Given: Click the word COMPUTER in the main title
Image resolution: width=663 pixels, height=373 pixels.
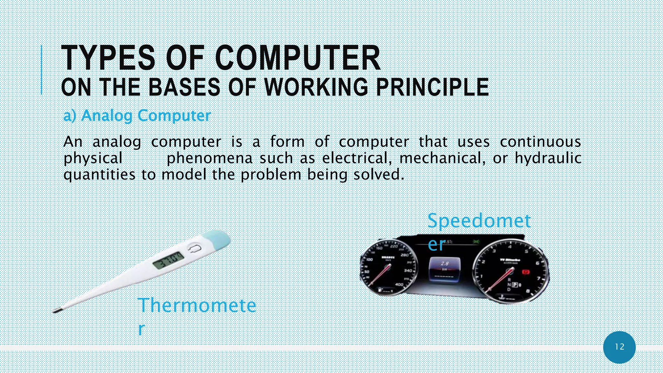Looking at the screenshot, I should tap(298, 58).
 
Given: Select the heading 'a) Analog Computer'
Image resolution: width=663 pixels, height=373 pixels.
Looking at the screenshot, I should tap(137, 116).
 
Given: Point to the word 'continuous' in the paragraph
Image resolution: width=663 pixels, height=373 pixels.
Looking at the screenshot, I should tap(540, 142).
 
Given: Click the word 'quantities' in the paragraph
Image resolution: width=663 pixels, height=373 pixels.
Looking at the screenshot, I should tap(99, 175).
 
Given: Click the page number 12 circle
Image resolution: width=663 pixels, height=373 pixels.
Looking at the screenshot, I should tap(619, 347).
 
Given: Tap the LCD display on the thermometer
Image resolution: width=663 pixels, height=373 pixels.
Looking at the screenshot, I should tap(168, 260).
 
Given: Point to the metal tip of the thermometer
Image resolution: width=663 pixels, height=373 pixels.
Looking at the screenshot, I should tap(57, 311).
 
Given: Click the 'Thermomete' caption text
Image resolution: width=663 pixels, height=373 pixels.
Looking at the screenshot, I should tap(197, 305).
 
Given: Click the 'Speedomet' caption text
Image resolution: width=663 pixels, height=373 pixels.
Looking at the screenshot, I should tap(479, 221).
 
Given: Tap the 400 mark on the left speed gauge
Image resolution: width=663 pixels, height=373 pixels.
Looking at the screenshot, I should tap(399, 285).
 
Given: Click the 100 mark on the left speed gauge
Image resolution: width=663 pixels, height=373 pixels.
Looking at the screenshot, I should tap(369, 260).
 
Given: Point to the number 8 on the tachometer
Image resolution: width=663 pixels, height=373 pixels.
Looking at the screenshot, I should tap(528, 291).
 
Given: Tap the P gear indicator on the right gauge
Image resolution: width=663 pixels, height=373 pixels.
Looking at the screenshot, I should tap(515, 285).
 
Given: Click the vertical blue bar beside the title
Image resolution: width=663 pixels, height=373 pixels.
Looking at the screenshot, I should tap(41, 70).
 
